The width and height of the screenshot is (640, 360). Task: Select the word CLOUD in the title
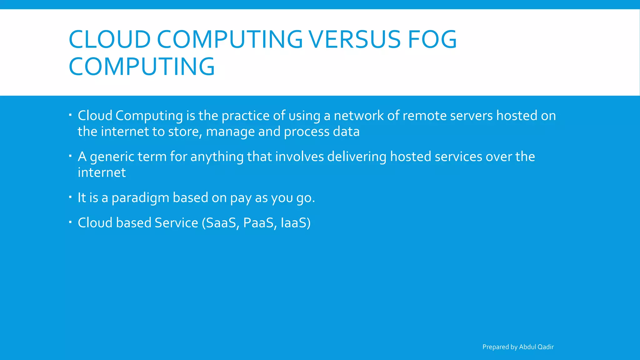click(110, 40)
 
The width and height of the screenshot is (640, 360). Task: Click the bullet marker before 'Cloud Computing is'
click(71, 115)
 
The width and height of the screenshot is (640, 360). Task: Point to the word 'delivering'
click(357, 157)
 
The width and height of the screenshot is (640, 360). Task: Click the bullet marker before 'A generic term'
click(71, 156)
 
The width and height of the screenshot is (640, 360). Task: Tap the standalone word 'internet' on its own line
click(102, 172)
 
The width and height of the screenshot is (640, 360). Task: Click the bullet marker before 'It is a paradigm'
click(71, 197)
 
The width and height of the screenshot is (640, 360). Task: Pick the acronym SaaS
click(221, 223)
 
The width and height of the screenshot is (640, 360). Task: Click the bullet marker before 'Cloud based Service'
click(71, 222)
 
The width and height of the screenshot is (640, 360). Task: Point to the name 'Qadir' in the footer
click(545, 347)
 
